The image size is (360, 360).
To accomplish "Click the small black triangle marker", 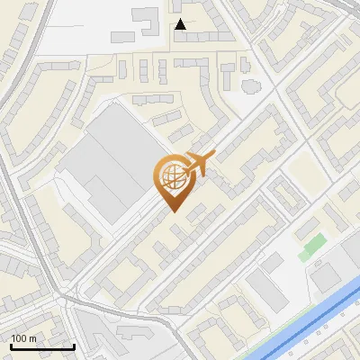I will (x=181, y=25).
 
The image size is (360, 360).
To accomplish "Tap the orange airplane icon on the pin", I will (x=199, y=165).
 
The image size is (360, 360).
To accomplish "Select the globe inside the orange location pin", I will (x=171, y=177).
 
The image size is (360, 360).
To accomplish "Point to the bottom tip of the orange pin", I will (x=172, y=212).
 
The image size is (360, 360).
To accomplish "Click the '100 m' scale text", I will (x=24, y=337).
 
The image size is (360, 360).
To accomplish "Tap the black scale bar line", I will (x=42, y=346).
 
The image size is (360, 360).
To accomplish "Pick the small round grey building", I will (x=250, y=85).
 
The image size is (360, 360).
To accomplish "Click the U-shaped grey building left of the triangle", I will (x=143, y=20).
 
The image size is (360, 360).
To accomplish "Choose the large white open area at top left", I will (x=72, y=27).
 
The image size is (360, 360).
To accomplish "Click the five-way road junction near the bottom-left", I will (x=65, y=297).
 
